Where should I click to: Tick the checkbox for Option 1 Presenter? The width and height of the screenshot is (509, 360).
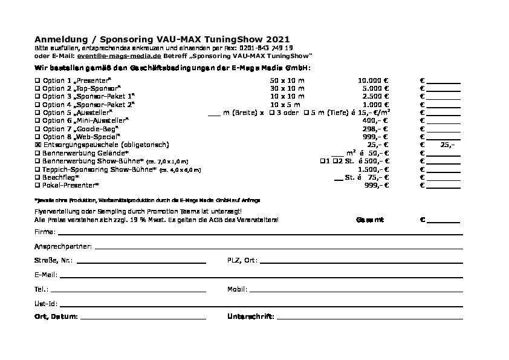(37, 80)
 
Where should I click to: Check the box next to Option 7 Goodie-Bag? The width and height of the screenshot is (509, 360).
(37, 129)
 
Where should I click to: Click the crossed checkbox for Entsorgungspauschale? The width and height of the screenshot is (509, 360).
(37, 145)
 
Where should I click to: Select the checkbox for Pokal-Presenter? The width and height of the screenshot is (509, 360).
(37, 185)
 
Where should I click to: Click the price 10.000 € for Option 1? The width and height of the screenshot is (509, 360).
(373, 80)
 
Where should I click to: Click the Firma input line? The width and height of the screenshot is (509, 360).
(260, 233)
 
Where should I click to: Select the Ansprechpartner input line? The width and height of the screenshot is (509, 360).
(278, 247)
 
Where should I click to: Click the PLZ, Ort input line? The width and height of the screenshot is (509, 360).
(361, 261)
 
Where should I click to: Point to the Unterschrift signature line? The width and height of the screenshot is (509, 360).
(369, 318)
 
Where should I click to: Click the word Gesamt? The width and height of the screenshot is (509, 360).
(370, 219)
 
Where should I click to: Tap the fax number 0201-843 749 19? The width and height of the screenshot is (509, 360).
(267, 47)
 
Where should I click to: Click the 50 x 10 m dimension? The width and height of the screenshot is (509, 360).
(287, 80)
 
